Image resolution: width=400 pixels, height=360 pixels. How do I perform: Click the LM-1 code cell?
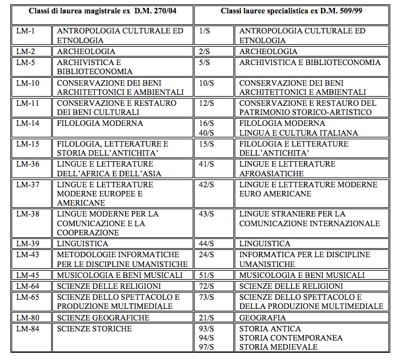[x=25, y=31]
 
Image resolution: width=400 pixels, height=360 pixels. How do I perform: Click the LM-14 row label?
[x=27, y=123]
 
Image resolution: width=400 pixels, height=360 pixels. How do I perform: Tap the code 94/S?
[x=207, y=337]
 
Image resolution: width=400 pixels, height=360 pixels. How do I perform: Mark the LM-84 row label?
[x=27, y=329]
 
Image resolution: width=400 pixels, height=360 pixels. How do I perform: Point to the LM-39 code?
[x=27, y=244]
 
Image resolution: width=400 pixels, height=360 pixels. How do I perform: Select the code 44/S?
[x=207, y=244]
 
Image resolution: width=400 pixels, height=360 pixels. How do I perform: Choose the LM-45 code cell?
[x=27, y=275]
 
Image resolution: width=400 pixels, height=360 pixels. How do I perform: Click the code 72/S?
[x=207, y=286]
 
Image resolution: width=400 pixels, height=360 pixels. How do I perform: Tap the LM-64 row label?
[x=27, y=286]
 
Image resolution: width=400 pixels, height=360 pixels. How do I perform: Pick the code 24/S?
[x=207, y=254]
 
